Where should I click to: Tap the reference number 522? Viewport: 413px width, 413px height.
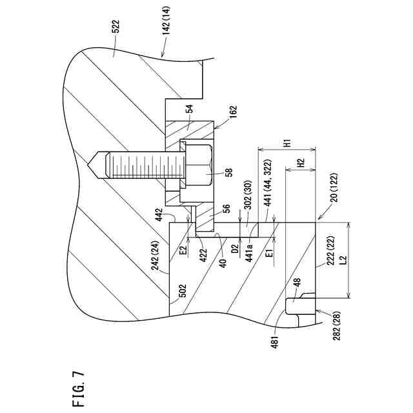116,26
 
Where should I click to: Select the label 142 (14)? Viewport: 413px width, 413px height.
166,21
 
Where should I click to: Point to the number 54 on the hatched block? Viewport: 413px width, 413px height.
189,110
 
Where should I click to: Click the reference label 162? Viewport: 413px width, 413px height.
233,112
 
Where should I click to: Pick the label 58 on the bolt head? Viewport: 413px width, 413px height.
229,173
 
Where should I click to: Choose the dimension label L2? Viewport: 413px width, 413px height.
344,259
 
